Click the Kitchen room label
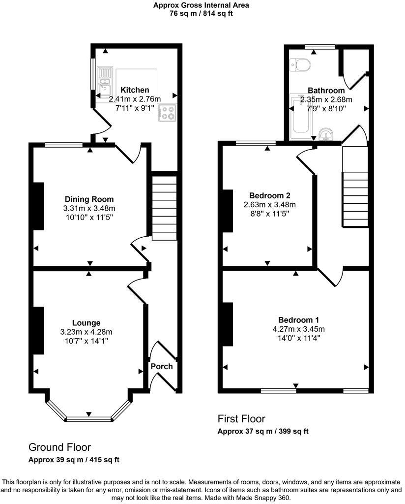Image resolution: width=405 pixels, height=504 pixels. click(135, 90)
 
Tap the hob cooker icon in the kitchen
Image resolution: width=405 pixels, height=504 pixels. click(167, 113)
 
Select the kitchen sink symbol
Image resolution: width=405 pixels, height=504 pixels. click(104, 83)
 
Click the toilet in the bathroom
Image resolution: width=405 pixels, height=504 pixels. click(299, 63)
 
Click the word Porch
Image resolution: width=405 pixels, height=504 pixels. click(162, 366)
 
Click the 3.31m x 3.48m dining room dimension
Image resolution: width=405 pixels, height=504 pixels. click(89, 208)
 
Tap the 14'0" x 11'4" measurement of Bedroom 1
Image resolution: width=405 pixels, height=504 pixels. click(299, 339)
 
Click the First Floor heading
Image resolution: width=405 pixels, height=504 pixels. click(241, 419)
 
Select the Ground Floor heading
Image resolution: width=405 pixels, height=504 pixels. click(59, 447)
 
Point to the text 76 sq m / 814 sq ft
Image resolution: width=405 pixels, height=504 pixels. click(201, 13)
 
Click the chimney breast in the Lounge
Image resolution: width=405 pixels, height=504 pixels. click(38, 331)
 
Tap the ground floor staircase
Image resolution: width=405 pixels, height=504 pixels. click(164, 209)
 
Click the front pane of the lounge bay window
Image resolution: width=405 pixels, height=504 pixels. click(89, 419)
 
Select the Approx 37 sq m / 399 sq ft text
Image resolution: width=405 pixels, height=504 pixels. click(263, 432)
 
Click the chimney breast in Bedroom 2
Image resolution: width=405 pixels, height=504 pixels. click(228, 210)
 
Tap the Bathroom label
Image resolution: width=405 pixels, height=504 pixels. click(326, 91)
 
